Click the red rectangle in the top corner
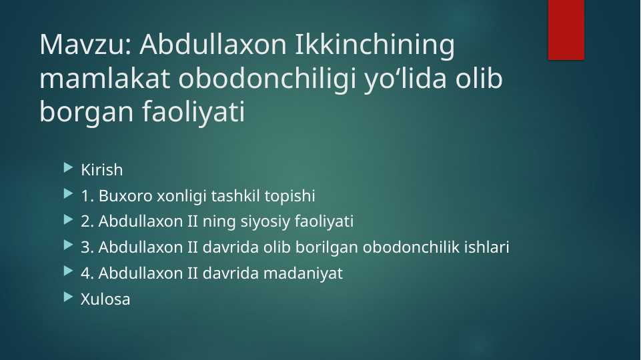pos(566,29)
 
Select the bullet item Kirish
pos(101,170)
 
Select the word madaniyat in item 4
pos(311,273)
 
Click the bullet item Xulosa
pos(105,299)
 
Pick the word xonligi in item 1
pos(180,196)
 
